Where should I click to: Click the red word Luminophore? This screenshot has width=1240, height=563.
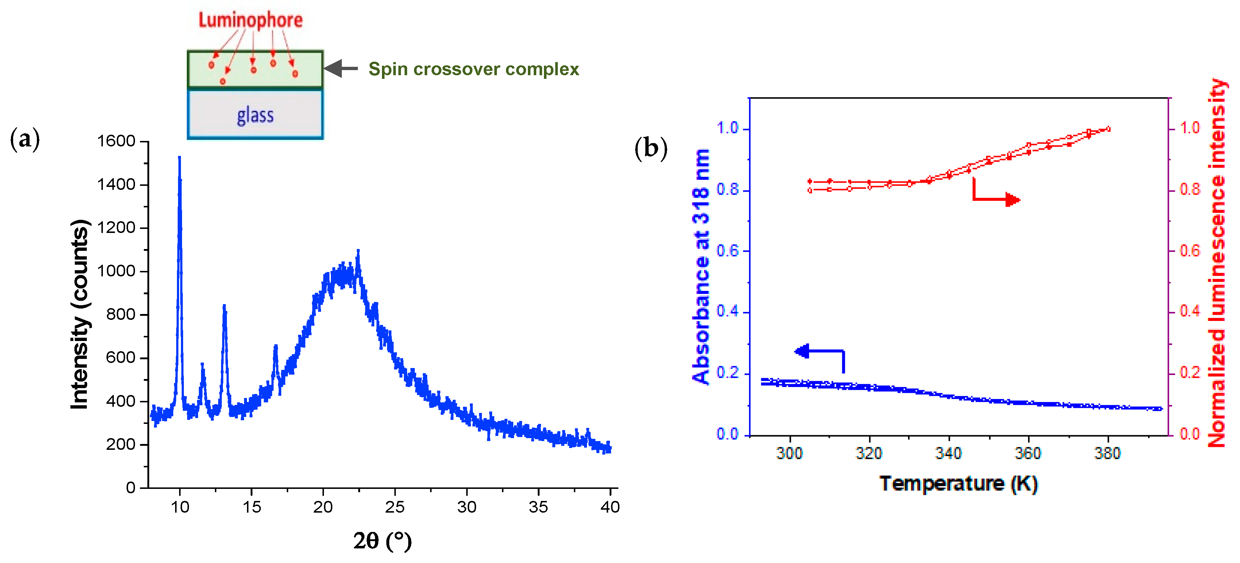tap(250, 20)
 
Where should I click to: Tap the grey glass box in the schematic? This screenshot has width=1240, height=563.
tap(255, 115)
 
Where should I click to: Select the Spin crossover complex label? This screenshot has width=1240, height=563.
tap(473, 69)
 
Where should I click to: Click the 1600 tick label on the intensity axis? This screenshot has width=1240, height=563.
tap(116, 141)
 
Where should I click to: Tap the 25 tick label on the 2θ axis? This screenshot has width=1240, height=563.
tap(394, 507)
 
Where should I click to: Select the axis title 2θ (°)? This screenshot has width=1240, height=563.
tap(382, 541)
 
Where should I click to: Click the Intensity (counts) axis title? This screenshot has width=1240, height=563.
tap(80, 314)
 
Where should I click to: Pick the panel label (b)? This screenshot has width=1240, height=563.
tap(651, 148)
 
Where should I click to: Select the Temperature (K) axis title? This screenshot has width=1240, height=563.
tap(958, 483)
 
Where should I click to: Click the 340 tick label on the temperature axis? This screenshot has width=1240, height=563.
tap(948, 453)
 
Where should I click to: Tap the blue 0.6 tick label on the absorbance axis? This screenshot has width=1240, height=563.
tap(727, 251)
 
